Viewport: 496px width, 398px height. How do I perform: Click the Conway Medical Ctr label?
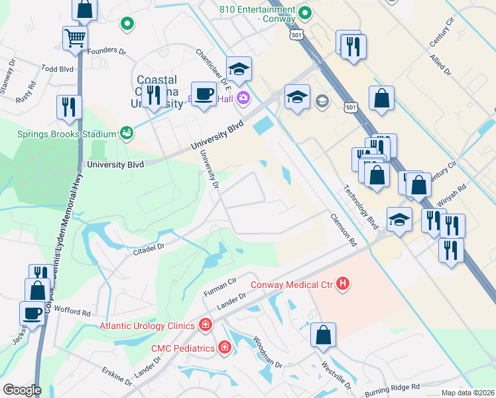coord(292,285)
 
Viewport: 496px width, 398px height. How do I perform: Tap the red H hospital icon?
coord(343,285)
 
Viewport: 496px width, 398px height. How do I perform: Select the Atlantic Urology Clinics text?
coord(147,325)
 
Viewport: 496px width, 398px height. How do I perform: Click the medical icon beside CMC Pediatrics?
coord(225,348)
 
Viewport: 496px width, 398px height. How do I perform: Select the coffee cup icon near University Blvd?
coord(204,94)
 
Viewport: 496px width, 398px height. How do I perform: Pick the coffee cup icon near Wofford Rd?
coord(32,312)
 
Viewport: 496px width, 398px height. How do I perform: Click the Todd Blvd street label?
coord(58,68)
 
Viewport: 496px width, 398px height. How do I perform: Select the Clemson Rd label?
coord(343,230)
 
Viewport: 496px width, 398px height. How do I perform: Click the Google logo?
coord(22,390)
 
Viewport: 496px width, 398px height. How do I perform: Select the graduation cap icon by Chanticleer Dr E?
coord(239,68)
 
